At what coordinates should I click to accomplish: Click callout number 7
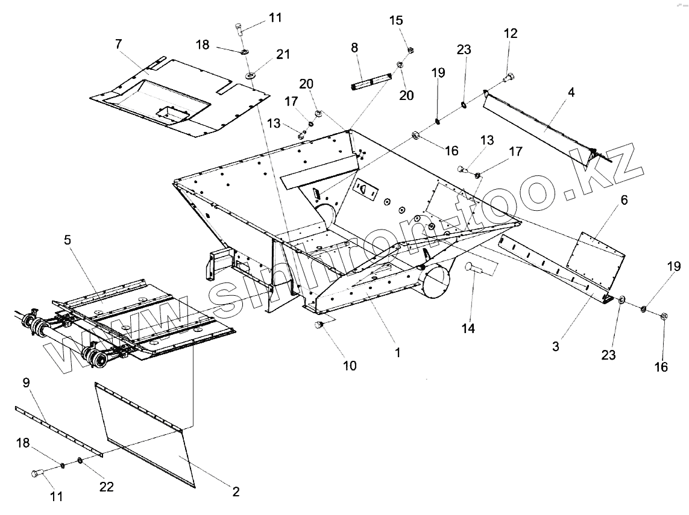tap(118, 44)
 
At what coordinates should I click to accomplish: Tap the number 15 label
tap(395, 20)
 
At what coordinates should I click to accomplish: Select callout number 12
tap(511, 34)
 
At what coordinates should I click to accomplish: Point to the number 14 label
tap(468, 328)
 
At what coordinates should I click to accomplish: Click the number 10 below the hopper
tap(350, 365)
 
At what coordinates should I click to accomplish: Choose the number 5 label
tap(68, 240)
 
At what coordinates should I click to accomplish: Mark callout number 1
tap(397, 353)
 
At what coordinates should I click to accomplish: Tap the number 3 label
tap(556, 346)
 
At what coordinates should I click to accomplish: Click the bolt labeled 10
tap(319, 325)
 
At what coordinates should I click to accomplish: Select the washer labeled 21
tap(249, 76)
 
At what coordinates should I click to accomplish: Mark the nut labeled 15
tap(411, 50)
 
